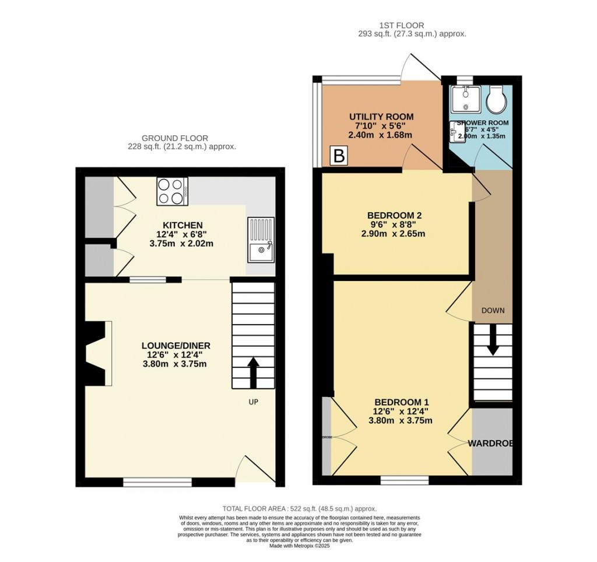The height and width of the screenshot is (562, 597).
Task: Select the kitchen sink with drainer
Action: pos(260,239)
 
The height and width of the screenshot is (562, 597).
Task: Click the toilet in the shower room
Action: pos(497,100)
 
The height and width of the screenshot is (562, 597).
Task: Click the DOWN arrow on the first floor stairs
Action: pos(493,340)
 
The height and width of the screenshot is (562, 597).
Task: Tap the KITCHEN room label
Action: pos(182,225)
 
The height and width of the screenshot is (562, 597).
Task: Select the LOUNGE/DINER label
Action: pos(175,346)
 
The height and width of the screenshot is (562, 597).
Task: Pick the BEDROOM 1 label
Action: pos(402,402)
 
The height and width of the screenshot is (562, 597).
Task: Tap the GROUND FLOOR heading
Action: pos(181,138)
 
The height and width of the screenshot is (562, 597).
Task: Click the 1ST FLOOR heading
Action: pos(401,26)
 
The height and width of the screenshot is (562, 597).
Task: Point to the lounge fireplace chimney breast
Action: pos(95,353)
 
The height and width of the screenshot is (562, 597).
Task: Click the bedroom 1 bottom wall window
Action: pos(404,480)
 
